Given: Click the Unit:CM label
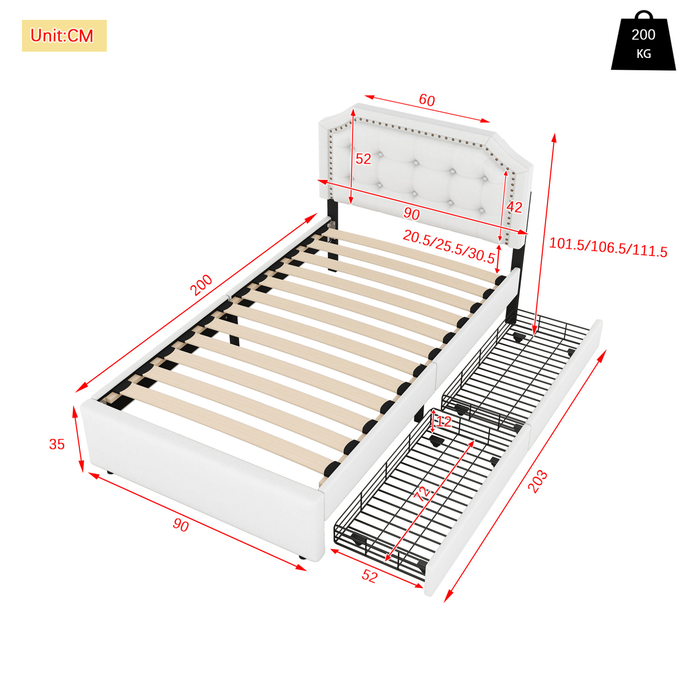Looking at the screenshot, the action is [62, 36].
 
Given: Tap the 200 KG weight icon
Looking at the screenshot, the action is [643, 40].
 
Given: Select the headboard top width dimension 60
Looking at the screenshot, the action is [427, 100].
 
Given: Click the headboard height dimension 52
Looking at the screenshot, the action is [363, 159].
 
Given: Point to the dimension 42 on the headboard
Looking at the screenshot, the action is [514, 207].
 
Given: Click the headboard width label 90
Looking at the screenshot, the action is [411, 214].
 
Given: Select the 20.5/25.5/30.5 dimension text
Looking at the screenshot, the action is [449, 247].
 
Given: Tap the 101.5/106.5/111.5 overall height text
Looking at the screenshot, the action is [608, 248].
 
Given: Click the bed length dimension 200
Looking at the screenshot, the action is [202, 285].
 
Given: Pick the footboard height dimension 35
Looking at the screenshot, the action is [57, 444].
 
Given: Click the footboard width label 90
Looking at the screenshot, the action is [181, 526].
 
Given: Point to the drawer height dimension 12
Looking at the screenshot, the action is [443, 422].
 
